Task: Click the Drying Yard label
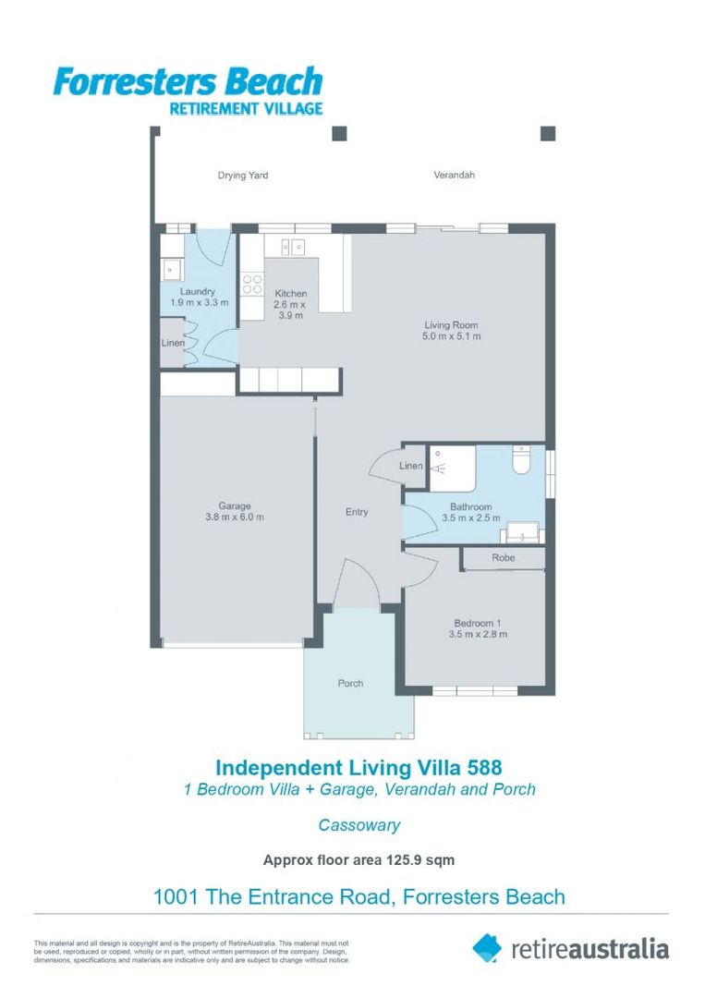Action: (243, 176)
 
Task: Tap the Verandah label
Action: (454, 175)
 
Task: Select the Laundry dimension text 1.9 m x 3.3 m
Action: (199, 302)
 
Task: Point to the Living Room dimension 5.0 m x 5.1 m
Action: (451, 336)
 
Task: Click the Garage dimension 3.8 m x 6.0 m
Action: (235, 517)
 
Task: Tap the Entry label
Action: (357, 512)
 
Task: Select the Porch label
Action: (350, 684)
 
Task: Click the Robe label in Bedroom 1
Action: (503, 558)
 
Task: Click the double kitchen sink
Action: (292, 247)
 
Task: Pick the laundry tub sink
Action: (171, 269)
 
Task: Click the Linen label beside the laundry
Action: (173, 344)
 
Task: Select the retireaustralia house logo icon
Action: (487, 947)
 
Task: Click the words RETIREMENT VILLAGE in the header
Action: (245, 108)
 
